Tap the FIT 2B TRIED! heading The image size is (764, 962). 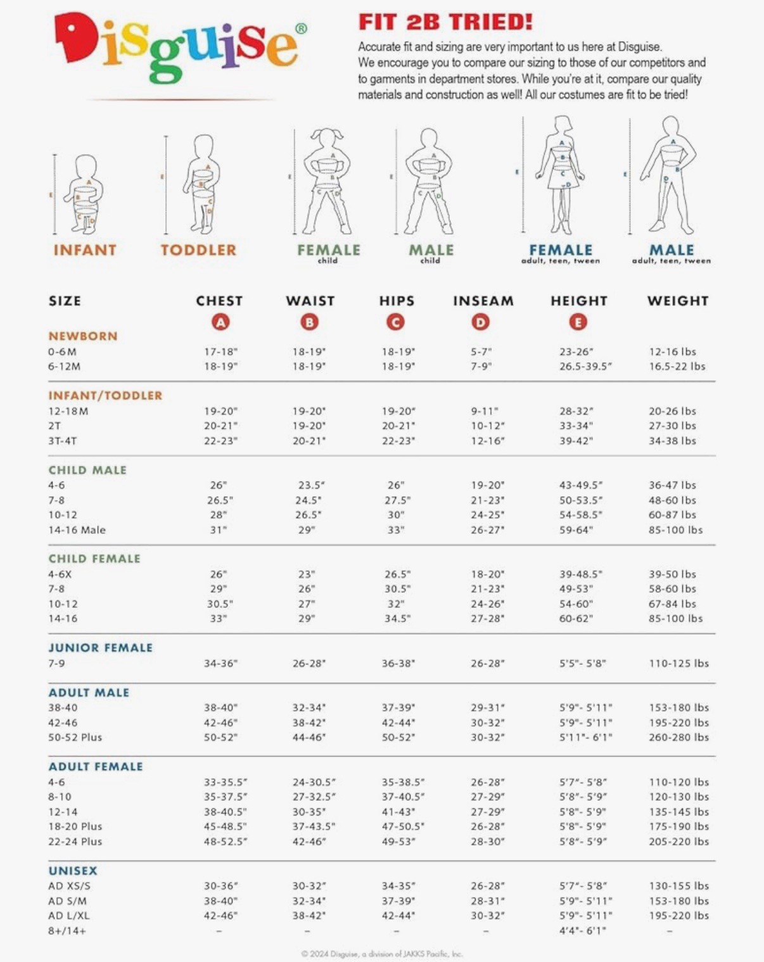[445, 22]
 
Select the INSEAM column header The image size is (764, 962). [483, 301]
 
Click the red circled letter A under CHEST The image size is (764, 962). [220, 322]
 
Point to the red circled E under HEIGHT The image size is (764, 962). [578, 322]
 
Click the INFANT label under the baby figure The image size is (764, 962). [85, 250]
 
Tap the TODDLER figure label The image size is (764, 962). [198, 250]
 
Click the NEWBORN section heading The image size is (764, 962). [83, 336]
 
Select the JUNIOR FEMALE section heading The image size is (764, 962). [101, 648]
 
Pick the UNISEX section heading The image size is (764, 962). [73, 871]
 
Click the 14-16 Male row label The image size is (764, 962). [77, 530]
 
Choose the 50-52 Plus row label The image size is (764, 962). [75, 737]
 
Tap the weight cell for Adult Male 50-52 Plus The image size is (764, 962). [678, 737]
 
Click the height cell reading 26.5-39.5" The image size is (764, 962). [585, 366]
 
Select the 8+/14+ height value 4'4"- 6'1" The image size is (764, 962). [582, 930]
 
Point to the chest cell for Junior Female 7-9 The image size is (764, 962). [220, 663]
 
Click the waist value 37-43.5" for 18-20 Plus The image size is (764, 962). [314, 826]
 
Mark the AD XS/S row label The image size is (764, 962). [69, 886]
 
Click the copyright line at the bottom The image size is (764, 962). [382, 954]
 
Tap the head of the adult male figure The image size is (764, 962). [670, 125]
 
